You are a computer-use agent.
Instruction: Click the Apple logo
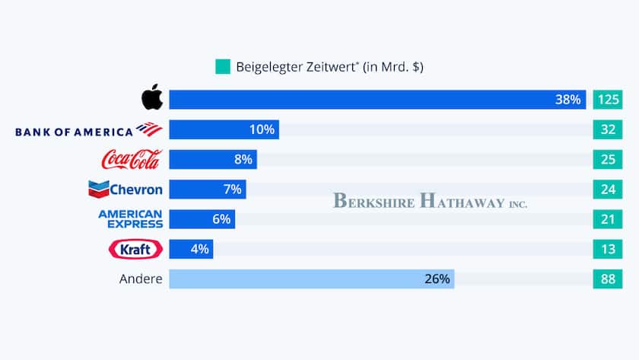pyautogui.click(x=152, y=99)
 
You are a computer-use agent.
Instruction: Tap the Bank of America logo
pyautogui.click(x=88, y=130)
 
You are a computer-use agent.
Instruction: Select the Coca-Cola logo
pyautogui.click(x=132, y=159)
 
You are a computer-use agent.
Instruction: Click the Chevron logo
pyautogui.click(x=126, y=189)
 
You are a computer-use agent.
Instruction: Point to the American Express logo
pyautogui.click(x=130, y=219)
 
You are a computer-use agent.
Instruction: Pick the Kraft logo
pyautogui.click(x=135, y=249)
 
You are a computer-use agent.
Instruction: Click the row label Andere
pyautogui.click(x=141, y=279)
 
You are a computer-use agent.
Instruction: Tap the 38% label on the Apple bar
pyautogui.click(x=567, y=100)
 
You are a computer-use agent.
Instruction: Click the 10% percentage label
pyautogui.click(x=262, y=129)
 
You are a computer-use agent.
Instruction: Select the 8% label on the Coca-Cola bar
pyautogui.click(x=243, y=159)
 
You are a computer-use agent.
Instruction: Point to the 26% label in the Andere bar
pyautogui.click(x=437, y=279)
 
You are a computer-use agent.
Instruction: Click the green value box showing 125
pyautogui.click(x=607, y=100)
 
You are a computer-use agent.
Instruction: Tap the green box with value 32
pyautogui.click(x=607, y=129)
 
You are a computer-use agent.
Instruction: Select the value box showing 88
pyautogui.click(x=607, y=279)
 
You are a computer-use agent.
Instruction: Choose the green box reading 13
pyautogui.click(x=607, y=249)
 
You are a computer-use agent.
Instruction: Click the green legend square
pyautogui.click(x=222, y=67)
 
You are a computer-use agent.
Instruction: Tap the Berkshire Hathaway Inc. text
pyautogui.click(x=430, y=202)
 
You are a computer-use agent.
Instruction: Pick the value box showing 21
pyautogui.click(x=607, y=219)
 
